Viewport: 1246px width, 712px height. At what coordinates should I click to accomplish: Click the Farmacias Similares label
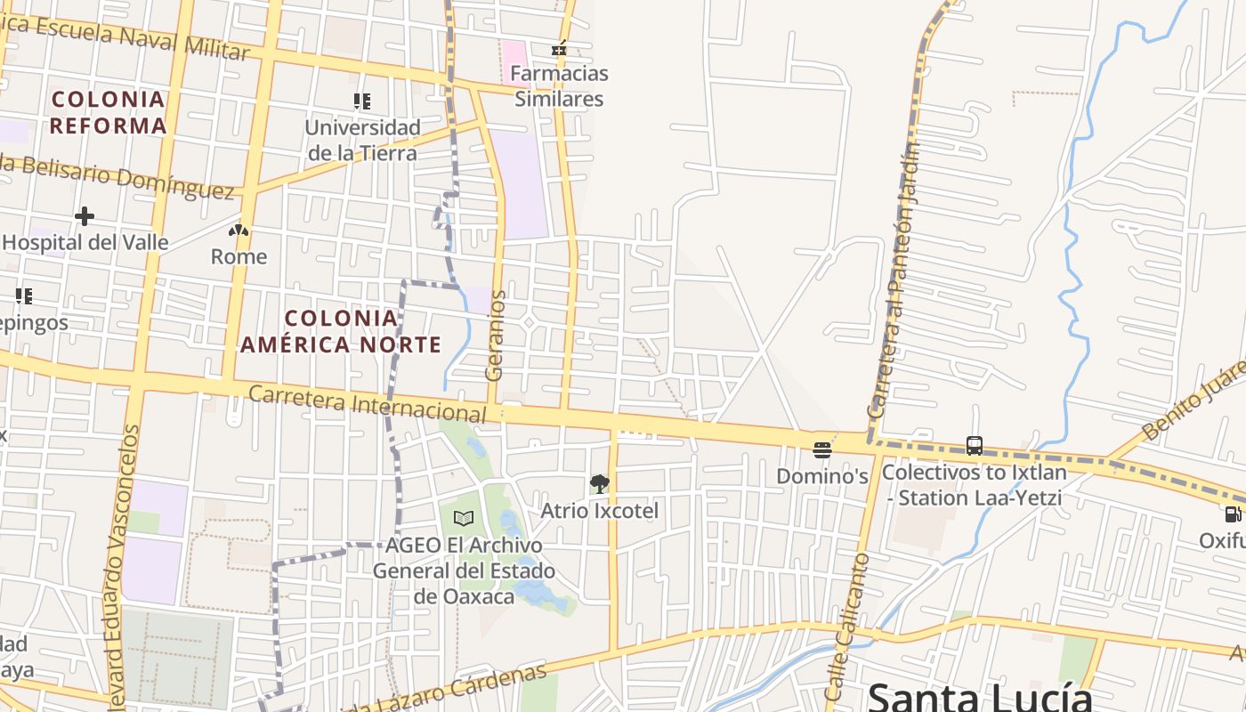(560, 86)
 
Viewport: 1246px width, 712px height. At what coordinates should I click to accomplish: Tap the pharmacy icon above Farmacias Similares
(559, 49)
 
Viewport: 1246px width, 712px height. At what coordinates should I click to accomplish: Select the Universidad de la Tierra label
(362, 140)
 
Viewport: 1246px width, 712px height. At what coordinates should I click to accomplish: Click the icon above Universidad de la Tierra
(361, 101)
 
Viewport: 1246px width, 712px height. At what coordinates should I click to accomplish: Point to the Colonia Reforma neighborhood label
(108, 112)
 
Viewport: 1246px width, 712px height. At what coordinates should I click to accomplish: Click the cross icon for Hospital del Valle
(85, 216)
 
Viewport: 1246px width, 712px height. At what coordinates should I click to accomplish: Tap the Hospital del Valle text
(85, 242)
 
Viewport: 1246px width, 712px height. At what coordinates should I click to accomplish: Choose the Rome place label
(239, 257)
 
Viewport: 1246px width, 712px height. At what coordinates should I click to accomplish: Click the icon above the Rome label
(238, 231)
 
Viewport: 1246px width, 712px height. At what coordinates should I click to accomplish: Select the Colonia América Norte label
(341, 331)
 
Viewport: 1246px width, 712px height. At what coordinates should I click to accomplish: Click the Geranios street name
(496, 336)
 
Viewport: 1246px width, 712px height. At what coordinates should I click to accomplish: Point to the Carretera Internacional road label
(368, 403)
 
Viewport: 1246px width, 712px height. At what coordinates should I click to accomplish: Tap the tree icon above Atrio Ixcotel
(600, 484)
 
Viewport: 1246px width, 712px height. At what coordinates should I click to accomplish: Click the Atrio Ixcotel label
(600, 511)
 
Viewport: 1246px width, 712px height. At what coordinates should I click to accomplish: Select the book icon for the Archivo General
(463, 518)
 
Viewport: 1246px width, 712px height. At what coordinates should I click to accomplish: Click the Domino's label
(822, 476)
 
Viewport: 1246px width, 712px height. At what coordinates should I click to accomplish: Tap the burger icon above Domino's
(822, 449)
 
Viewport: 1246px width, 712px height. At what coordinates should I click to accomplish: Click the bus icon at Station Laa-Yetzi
(975, 446)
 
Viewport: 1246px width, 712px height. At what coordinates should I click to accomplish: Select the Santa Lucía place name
(979, 696)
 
